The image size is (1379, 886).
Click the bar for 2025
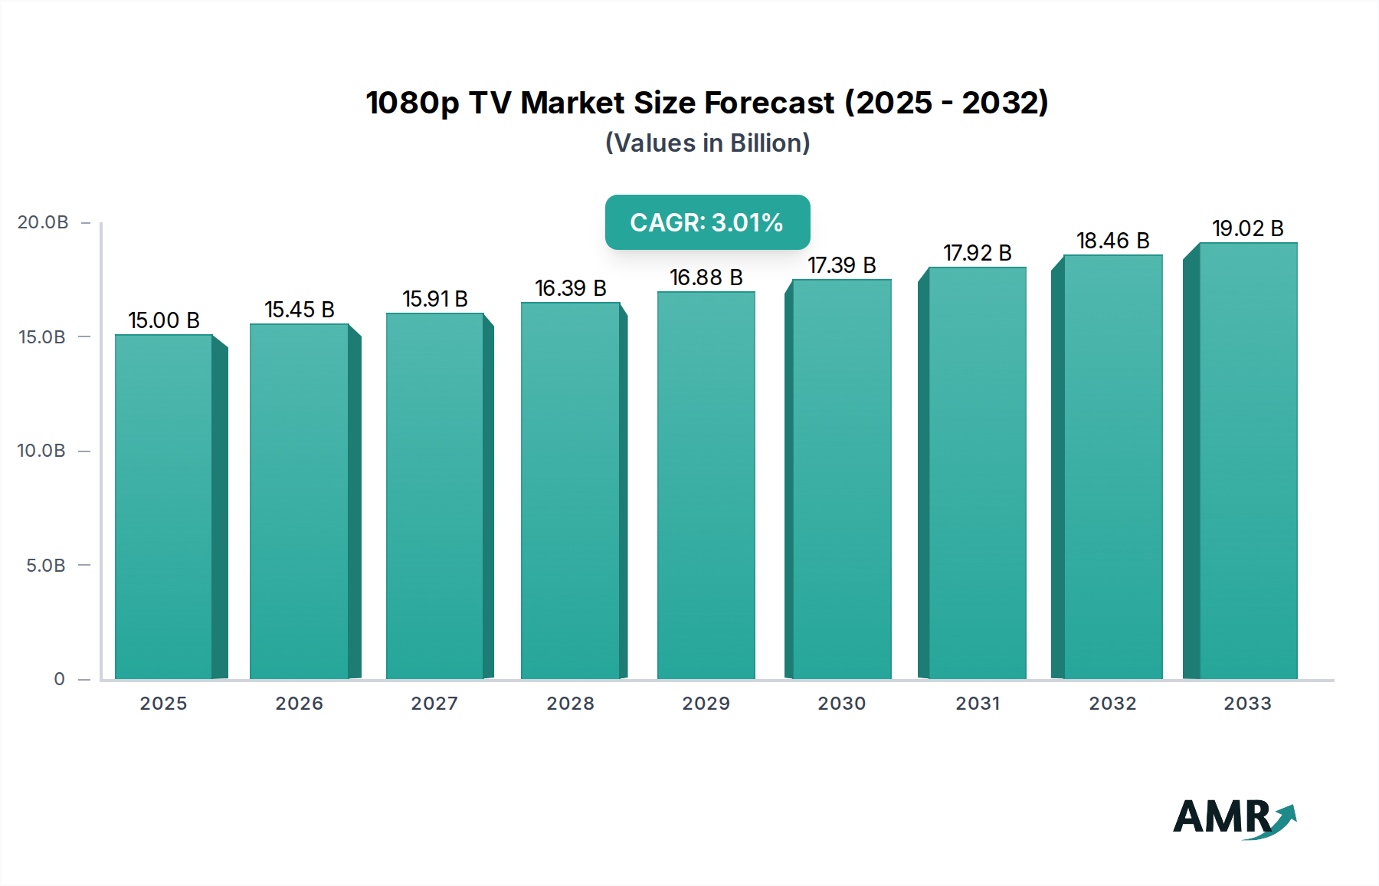click(x=163, y=506)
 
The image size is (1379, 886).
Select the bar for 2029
click(x=706, y=484)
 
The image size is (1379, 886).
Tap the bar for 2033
click(x=1248, y=460)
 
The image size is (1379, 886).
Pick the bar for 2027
click(x=434, y=495)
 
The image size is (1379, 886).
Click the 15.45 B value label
click(x=300, y=310)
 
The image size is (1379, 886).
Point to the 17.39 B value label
click(x=841, y=265)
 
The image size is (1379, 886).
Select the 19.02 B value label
click(x=1247, y=228)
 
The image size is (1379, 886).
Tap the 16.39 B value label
click(x=570, y=288)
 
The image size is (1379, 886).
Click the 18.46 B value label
click(x=1112, y=241)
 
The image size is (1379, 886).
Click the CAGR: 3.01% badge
click(x=707, y=222)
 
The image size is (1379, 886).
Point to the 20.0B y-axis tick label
click(x=43, y=222)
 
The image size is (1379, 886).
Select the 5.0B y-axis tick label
click(x=46, y=566)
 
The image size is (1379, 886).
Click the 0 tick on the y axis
click(x=59, y=679)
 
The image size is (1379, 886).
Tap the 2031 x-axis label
click(x=978, y=704)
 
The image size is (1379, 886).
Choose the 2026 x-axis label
click(x=300, y=704)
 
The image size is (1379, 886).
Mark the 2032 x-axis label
click(x=1112, y=704)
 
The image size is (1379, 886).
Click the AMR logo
click(x=1233, y=818)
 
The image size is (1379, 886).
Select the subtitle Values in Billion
click(x=707, y=143)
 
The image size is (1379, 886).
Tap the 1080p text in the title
click(x=412, y=103)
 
